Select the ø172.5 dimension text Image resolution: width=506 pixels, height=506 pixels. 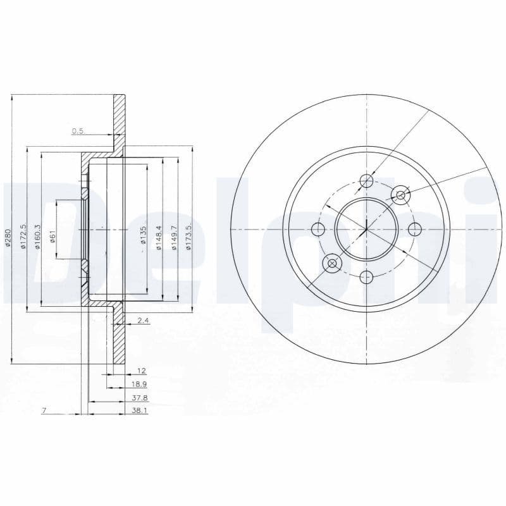[x=23, y=237]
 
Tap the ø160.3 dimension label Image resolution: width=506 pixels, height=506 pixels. [x=38, y=237]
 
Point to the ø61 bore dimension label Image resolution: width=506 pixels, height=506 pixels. [x=52, y=237]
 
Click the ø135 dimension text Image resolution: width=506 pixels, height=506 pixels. [x=144, y=235]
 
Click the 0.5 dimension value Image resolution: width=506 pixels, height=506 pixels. [x=78, y=131]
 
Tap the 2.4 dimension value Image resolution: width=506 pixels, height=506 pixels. [x=143, y=321]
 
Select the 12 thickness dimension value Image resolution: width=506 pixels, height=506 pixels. [x=141, y=371]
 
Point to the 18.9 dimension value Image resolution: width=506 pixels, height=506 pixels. [x=139, y=384]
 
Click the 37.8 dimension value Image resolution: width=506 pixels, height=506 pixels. [x=139, y=398]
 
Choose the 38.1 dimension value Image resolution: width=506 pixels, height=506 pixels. [x=139, y=410]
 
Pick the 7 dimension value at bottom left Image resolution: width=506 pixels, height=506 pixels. [x=44, y=410]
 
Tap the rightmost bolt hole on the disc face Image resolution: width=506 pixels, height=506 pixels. [x=415, y=228]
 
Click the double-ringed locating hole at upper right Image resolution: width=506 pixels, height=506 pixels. [x=400, y=195]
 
